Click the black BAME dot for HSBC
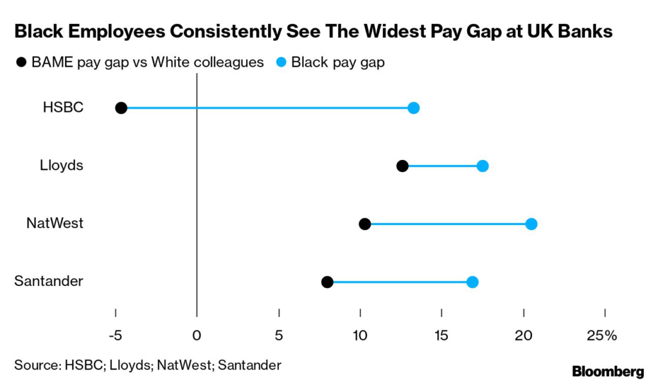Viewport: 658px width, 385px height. tap(121, 108)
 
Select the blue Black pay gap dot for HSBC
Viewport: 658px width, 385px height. tap(413, 108)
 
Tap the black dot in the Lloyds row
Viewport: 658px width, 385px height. tap(402, 166)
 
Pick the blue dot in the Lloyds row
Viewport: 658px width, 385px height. tap(483, 166)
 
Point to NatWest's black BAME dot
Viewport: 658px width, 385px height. tap(364, 224)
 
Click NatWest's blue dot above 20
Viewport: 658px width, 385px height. tap(531, 224)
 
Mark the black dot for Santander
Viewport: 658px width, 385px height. tap(327, 282)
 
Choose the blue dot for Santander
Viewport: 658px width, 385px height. tap(472, 282)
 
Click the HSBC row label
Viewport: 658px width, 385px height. tap(63, 107)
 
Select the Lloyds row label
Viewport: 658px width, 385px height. tap(61, 165)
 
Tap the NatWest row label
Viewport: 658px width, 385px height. tap(55, 224)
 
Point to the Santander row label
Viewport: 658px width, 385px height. tap(48, 282)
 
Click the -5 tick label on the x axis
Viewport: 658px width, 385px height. tap(115, 335)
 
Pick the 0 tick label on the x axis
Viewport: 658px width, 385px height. tap(197, 335)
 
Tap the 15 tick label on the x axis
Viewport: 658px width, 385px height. tap(441, 335)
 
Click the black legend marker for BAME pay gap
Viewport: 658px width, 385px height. tap(22, 62)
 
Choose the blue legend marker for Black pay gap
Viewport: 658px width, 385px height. tap(280, 62)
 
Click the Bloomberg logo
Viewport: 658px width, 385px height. tap(608, 371)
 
